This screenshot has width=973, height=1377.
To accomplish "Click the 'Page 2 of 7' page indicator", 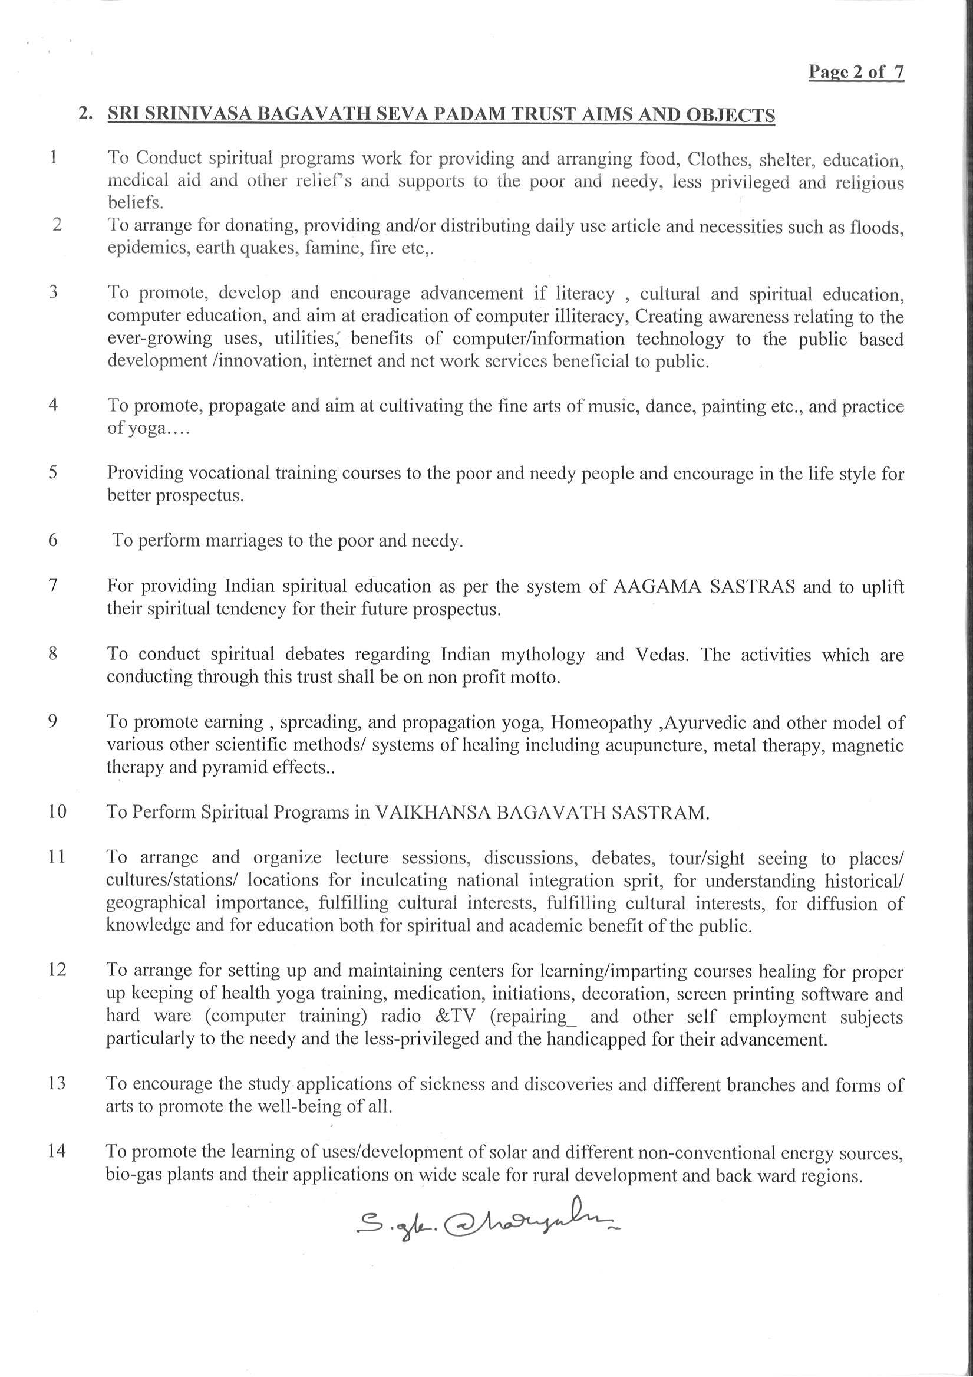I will tap(856, 73).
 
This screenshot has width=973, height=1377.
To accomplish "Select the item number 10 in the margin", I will tap(57, 812).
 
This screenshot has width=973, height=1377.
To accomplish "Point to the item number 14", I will tap(57, 1152).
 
